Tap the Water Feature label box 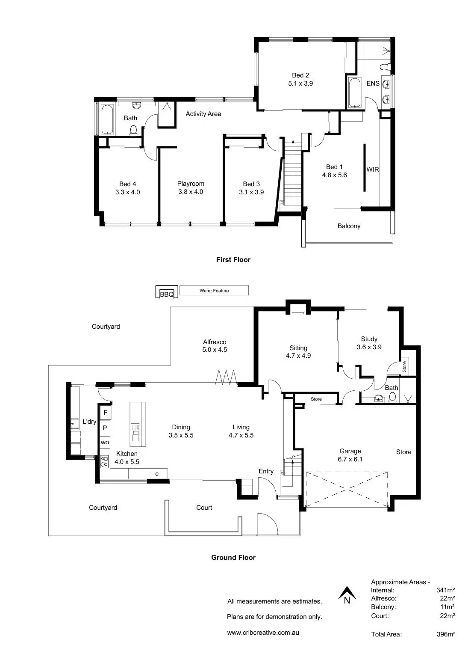click(x=214, y=291)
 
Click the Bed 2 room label click(x=300, y=75)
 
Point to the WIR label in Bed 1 click(x=373, y=169)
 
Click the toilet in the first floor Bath click(x=133, y=130)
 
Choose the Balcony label click(x=349, y=226)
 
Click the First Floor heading click(x=233, y=259)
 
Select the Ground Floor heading click(x=233, y=557)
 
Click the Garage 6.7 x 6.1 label click(x=350, y=455)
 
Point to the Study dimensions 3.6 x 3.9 click(x=369, y=347)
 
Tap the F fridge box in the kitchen click(x=105, y=413)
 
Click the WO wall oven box click(x=105, y=442)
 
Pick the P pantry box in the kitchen click(x=105, y=427)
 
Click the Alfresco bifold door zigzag click(x=226, y=377)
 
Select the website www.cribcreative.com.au click(x=263, y=632)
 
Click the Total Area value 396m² click(x=446, y=634)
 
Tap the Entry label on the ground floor click(x=266, y=471)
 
